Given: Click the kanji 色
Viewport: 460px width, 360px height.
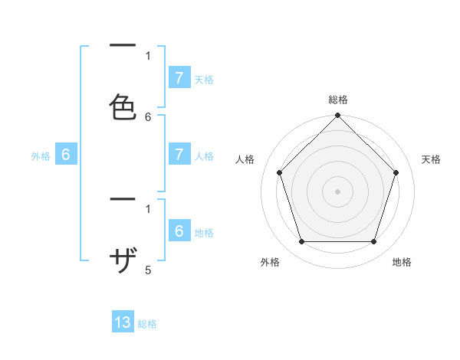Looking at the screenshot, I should (x=123, y=106).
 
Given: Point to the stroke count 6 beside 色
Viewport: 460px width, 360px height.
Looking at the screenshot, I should (x=148, y=117).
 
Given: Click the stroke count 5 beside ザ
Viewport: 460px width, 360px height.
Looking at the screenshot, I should (x=148, y=270).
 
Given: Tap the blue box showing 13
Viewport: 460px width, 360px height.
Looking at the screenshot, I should (x=123, y=322).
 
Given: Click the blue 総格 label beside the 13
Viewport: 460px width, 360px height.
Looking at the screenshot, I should (x=147, y=324).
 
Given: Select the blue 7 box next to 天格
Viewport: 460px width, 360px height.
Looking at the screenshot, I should (x=179, y=77).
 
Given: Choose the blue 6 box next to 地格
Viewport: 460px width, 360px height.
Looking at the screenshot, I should (x=179, y=231).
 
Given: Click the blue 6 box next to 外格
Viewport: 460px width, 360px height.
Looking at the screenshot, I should (x=66, y=155).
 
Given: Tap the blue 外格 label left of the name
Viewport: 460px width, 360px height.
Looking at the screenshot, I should (x=41, y=156).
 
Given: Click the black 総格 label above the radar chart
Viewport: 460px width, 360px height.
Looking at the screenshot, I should (x=338, y=100).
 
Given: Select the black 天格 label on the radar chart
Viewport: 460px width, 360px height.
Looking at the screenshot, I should (x=432, y=159).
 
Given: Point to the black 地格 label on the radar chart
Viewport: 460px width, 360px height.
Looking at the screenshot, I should (x=402, y=262).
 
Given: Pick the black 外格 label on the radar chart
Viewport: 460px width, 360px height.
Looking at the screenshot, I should (x=270, y=262).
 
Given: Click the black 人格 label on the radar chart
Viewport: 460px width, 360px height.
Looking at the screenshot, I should (x=245, y=159).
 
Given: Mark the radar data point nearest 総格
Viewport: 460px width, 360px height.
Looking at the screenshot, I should (x=337, y=116).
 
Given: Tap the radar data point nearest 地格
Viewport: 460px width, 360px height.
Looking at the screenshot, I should (x=373, y=242).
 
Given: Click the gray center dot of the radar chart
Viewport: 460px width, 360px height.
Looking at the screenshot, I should (x=337, y=191).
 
